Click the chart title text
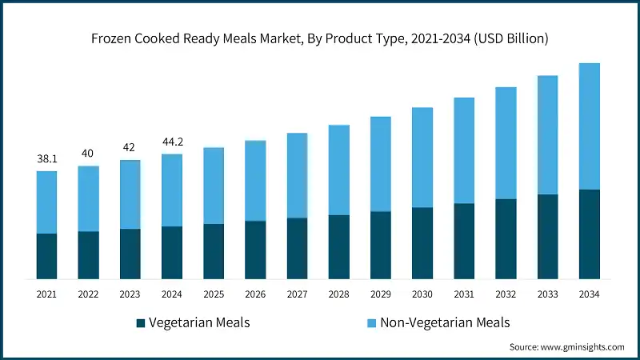tap(320, 38)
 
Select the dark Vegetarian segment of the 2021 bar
tap(46, 256)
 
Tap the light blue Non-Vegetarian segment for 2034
tap(590, 126)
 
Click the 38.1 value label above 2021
tap(47, 159)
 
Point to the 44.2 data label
tap(172, 142)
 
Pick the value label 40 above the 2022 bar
tap(88, 154)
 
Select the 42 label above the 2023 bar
tap(130, 148)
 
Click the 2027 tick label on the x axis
tap(297, 294)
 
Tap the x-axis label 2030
tap(422, 294)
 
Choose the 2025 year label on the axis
tap(214, 294)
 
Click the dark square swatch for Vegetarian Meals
tap(141, 323)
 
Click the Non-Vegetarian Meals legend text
tap(444, 323)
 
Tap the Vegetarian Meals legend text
tap(199, 323)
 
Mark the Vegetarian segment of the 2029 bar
tap(381, 245)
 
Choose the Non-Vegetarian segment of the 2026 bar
tap(255, 181)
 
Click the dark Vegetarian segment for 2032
tap(506, 238)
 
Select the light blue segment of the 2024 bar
tap(172, 190)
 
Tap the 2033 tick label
tap(548, 294)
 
